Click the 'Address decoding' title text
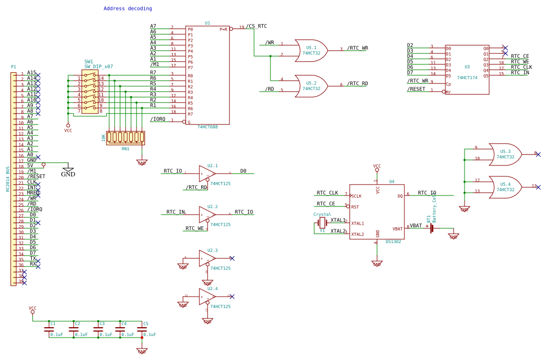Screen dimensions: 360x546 click(x=128, y=9)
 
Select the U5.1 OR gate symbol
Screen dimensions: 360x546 click(x=310, y=50)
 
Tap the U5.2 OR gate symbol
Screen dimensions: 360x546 click(x=310, y=86)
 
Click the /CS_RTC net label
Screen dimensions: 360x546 click(x=256, y=26)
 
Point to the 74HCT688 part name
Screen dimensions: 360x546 click(x=207, y=127)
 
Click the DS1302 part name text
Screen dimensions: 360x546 click(x=393, y=241)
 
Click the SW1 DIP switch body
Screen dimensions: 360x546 click(x=90, y=92)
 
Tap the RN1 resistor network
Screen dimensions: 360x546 click(x=125, y=137)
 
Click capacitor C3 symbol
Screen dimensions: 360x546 click(x=98, y=329)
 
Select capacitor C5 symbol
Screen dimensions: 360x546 click(x=142, y=329)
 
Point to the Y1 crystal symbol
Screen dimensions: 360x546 click(x=322, y=223)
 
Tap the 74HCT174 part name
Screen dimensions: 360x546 click(x=467, y=78)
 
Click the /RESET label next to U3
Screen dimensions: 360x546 click(x=416, y=89)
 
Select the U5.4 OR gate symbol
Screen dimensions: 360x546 click(x=504, y=187)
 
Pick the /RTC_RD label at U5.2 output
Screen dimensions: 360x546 click(x=357, y=84)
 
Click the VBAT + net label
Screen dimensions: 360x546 click(x=419, y=226)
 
